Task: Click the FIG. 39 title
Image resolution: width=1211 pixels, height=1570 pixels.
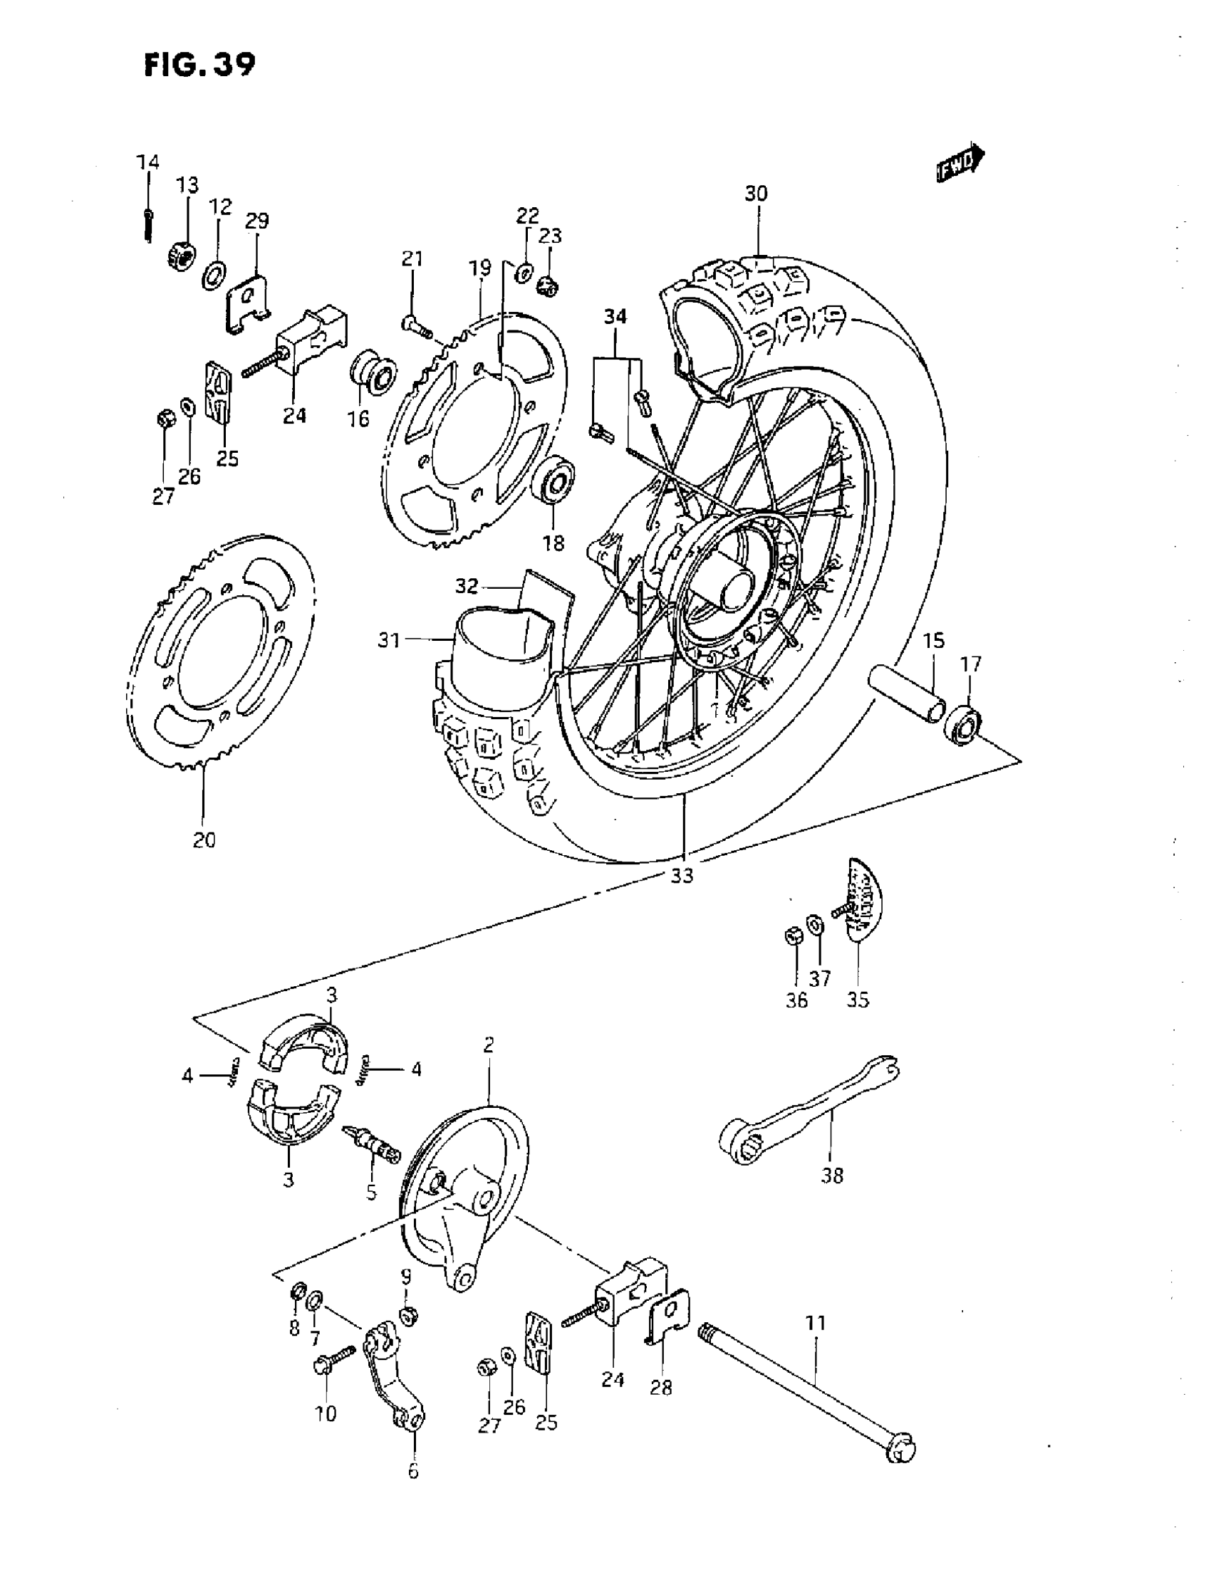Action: [199, 66]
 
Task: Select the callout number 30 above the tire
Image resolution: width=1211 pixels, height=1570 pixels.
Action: [756, 194]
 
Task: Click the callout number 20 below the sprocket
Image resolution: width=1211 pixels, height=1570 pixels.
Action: [204, 839]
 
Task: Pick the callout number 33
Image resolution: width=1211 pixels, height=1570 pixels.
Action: [682, 876]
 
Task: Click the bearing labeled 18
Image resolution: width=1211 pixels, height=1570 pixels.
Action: [553, 482]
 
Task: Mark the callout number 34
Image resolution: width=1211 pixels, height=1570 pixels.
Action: [615, 317]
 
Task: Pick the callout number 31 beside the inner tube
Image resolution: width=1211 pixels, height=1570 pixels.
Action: [389, 639]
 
